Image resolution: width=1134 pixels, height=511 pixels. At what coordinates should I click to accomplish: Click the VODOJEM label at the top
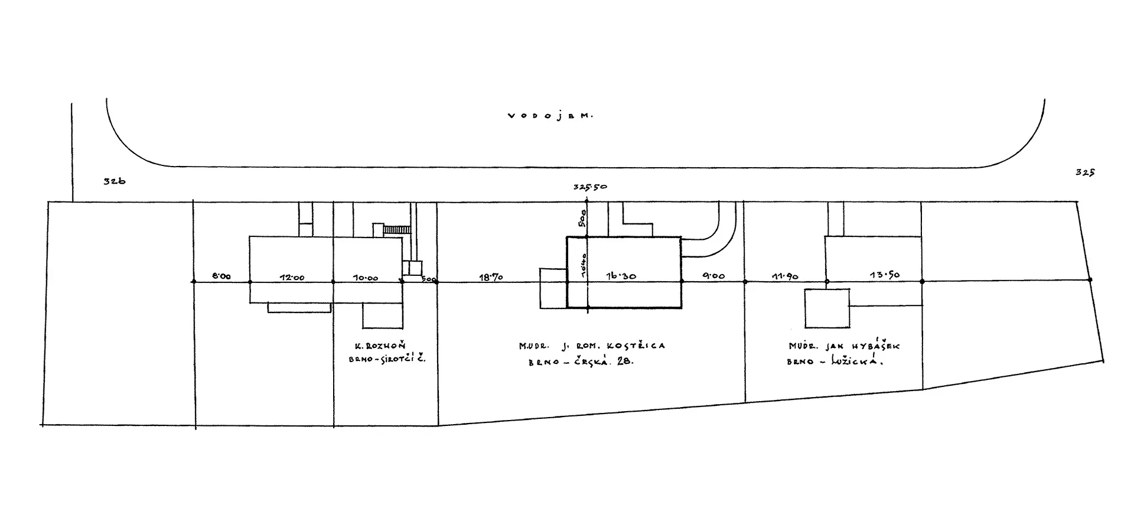click(x=550, y=116)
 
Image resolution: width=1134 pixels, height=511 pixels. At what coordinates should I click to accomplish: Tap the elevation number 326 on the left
click(x=115, y=182)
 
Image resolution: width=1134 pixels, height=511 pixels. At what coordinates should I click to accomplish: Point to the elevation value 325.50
click(x=590, y=187)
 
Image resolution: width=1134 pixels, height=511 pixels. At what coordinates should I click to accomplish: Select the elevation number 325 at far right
click(x=1086, y=173)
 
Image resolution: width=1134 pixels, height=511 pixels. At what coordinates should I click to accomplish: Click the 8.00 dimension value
click(x=221, y=276)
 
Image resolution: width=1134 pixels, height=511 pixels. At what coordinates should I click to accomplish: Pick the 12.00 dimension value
click(x=292, y=277)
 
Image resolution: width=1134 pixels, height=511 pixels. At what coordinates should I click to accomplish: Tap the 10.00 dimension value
click(x=366, y=278)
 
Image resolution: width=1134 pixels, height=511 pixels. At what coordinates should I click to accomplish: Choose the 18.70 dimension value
click(x=491, y=276)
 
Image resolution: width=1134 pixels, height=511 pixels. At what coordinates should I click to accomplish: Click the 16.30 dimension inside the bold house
click(x=622, y=276)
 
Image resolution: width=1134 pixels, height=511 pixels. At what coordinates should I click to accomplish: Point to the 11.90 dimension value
click(x=785, y=276)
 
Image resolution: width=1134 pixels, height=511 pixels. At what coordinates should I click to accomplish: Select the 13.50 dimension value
click(x=886, y=275)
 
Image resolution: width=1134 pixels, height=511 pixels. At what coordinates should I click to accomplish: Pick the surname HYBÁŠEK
click(x=876, y=347)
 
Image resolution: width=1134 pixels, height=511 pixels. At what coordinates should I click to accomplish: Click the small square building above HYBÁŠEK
click(x=827, y=308)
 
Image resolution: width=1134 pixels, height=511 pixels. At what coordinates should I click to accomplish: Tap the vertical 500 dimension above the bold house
click(x=582, y=220)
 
